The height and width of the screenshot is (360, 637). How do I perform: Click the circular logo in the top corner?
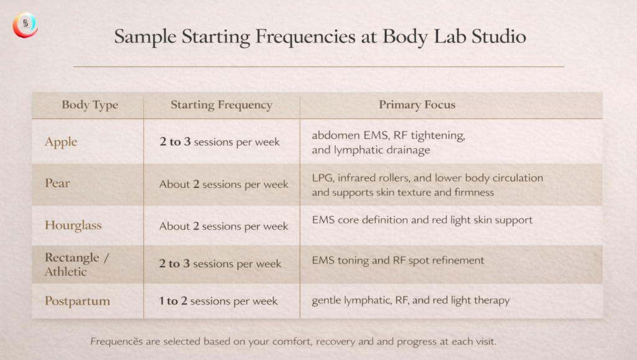pyautogui.click(x=25, y=25)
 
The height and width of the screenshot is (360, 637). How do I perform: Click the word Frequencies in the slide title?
pyautogui.click(x=305, y=37)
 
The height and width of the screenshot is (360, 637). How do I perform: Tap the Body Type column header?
pyautogui.click(x=90, y=105)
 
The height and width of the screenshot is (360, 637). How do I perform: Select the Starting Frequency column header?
pyautogui.click(x=221, y=105)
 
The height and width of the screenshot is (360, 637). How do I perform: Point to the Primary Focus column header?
pyautogui.click(x=417, y=105)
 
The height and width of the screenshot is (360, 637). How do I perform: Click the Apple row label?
pyautogui.click(x=61, y=142)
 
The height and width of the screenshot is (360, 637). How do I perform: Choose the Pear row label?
pyautogui.click(x=57, y=183)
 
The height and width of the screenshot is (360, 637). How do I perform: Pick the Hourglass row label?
pyautogui.click(x=73, y=225)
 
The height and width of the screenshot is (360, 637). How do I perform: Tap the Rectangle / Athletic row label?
pyautogui.click(x=77, y=264)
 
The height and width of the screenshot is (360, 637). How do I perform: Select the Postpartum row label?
pyautogui.click(x=77, y=301)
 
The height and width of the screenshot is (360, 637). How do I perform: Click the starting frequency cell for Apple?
pyautogui.click(x=220, y=142)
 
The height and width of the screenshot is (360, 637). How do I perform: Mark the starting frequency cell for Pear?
pyautogui.click(x=224, y=184)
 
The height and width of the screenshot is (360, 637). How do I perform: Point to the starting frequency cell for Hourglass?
pyautogui.click(x=224, y=226)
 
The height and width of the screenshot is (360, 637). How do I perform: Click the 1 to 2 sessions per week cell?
pyautogui.click(x=218, y=301)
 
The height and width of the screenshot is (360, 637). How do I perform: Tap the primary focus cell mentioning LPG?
pyautogui.click(x=427, y=185)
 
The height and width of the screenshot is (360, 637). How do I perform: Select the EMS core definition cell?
pyautogui.click(x=422, y=220)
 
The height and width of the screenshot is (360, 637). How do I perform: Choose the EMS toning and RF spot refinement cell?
pyautogui.click(x=398, y=260)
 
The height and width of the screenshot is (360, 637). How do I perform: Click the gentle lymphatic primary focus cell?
pyautogui.click(x=411, y=300)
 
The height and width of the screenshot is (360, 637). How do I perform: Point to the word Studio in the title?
pyautogui.click(x=499, y=37)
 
